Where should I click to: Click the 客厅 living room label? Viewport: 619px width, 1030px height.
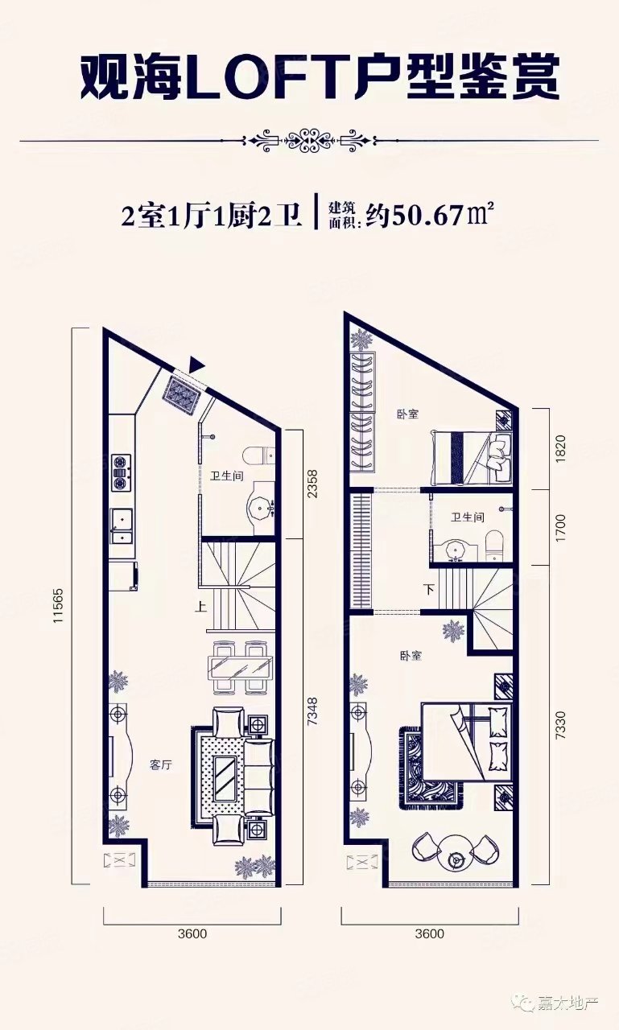[x=161, y=764]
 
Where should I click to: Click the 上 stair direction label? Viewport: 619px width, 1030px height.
[x=199, y=608]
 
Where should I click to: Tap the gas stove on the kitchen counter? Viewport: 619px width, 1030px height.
[x=122, y=472]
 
